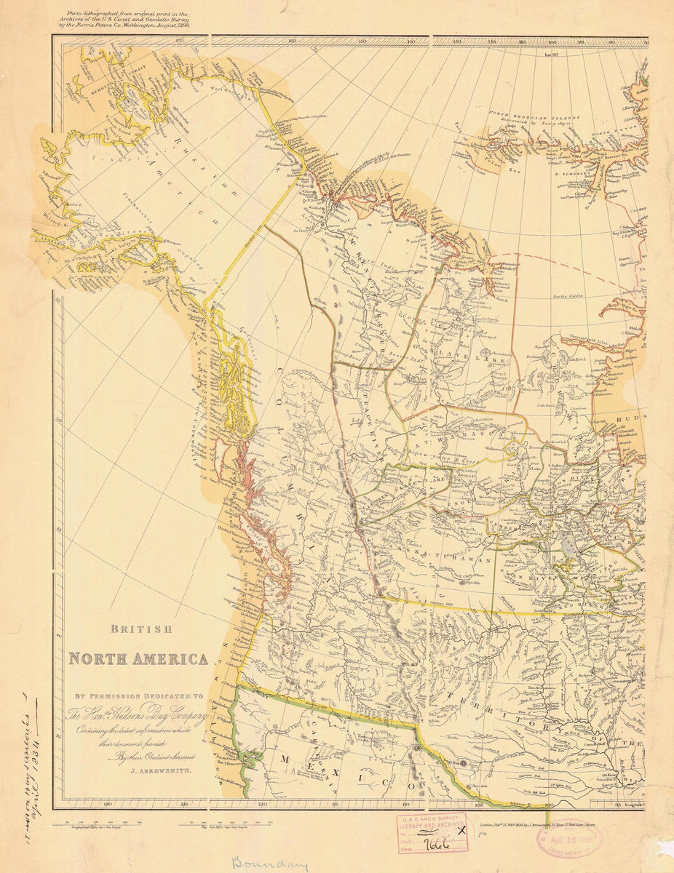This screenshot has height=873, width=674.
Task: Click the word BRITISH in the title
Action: [141, 629]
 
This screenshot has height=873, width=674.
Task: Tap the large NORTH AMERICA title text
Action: [138, 659]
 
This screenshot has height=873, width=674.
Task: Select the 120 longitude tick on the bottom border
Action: [263, 805]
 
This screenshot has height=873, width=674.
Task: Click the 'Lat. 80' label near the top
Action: [550, 55]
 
